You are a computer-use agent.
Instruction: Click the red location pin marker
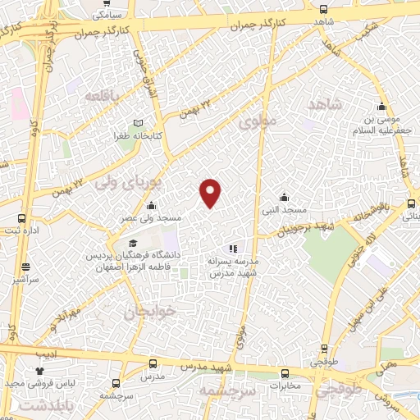pyautogui.click(x=211, y=192)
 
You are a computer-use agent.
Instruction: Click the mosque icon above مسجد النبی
pyautogui.click(x=284, y=197)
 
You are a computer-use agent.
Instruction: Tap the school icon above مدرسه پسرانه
pyautogui.click(x=233, y=248)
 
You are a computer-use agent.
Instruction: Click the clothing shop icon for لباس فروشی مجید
pyautogui.click(x=39, y=371)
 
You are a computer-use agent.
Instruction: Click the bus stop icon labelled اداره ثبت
pyautogui.click(x=21, y=219)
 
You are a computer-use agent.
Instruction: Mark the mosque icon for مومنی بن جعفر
pyautogui.click(x=381, y=106)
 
